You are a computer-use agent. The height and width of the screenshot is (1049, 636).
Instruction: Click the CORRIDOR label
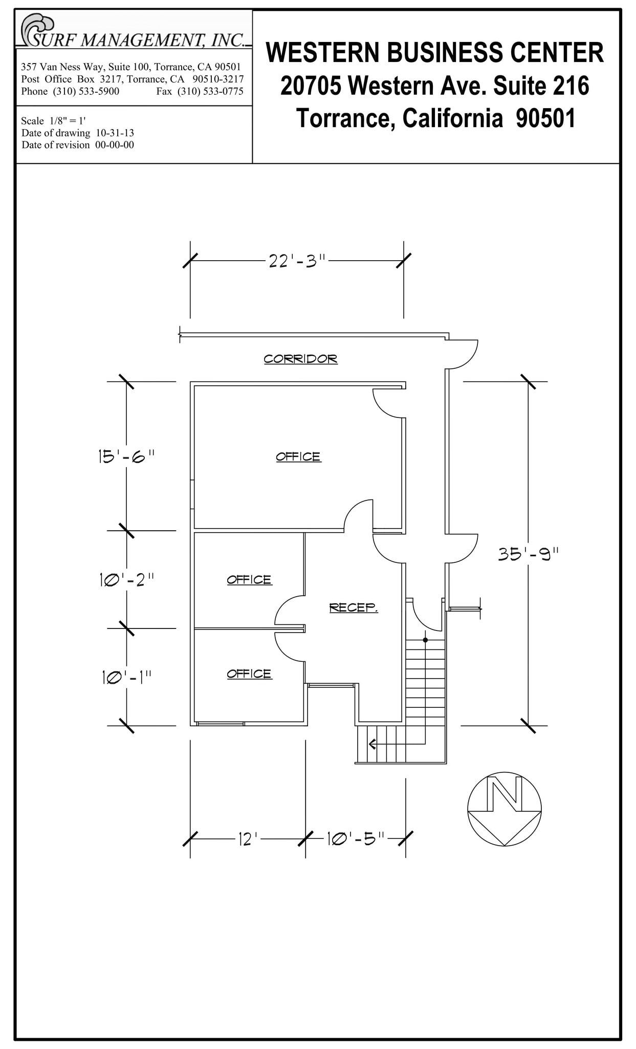pos(300,359)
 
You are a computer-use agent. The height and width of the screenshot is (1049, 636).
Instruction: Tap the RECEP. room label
pos(353,607)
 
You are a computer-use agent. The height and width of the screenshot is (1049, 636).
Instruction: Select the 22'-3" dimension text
pos(297,261)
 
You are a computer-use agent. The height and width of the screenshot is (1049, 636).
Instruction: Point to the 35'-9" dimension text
pos(529,554)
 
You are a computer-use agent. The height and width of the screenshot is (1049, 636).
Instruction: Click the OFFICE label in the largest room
pos(298,456)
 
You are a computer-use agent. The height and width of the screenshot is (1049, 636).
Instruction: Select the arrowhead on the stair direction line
pos(372,744)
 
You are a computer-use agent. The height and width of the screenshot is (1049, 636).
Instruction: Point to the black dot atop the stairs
pos(425,640)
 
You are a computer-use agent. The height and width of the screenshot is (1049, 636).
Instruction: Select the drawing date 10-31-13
pos(115,133)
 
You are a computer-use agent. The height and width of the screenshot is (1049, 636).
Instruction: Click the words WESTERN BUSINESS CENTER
pos(435,53)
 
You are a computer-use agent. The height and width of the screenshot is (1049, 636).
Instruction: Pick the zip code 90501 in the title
pos(545,118)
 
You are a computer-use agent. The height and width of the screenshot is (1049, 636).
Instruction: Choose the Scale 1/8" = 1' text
pos(53,121)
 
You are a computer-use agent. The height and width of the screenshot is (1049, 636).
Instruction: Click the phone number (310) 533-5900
pos(86,92)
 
